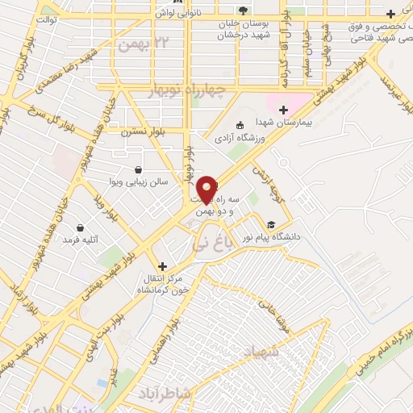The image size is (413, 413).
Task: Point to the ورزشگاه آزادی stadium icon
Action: pos(240,125)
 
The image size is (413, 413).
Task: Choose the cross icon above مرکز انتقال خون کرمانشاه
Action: pos(162,266)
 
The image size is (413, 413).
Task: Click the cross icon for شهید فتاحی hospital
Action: pos(390,14)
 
